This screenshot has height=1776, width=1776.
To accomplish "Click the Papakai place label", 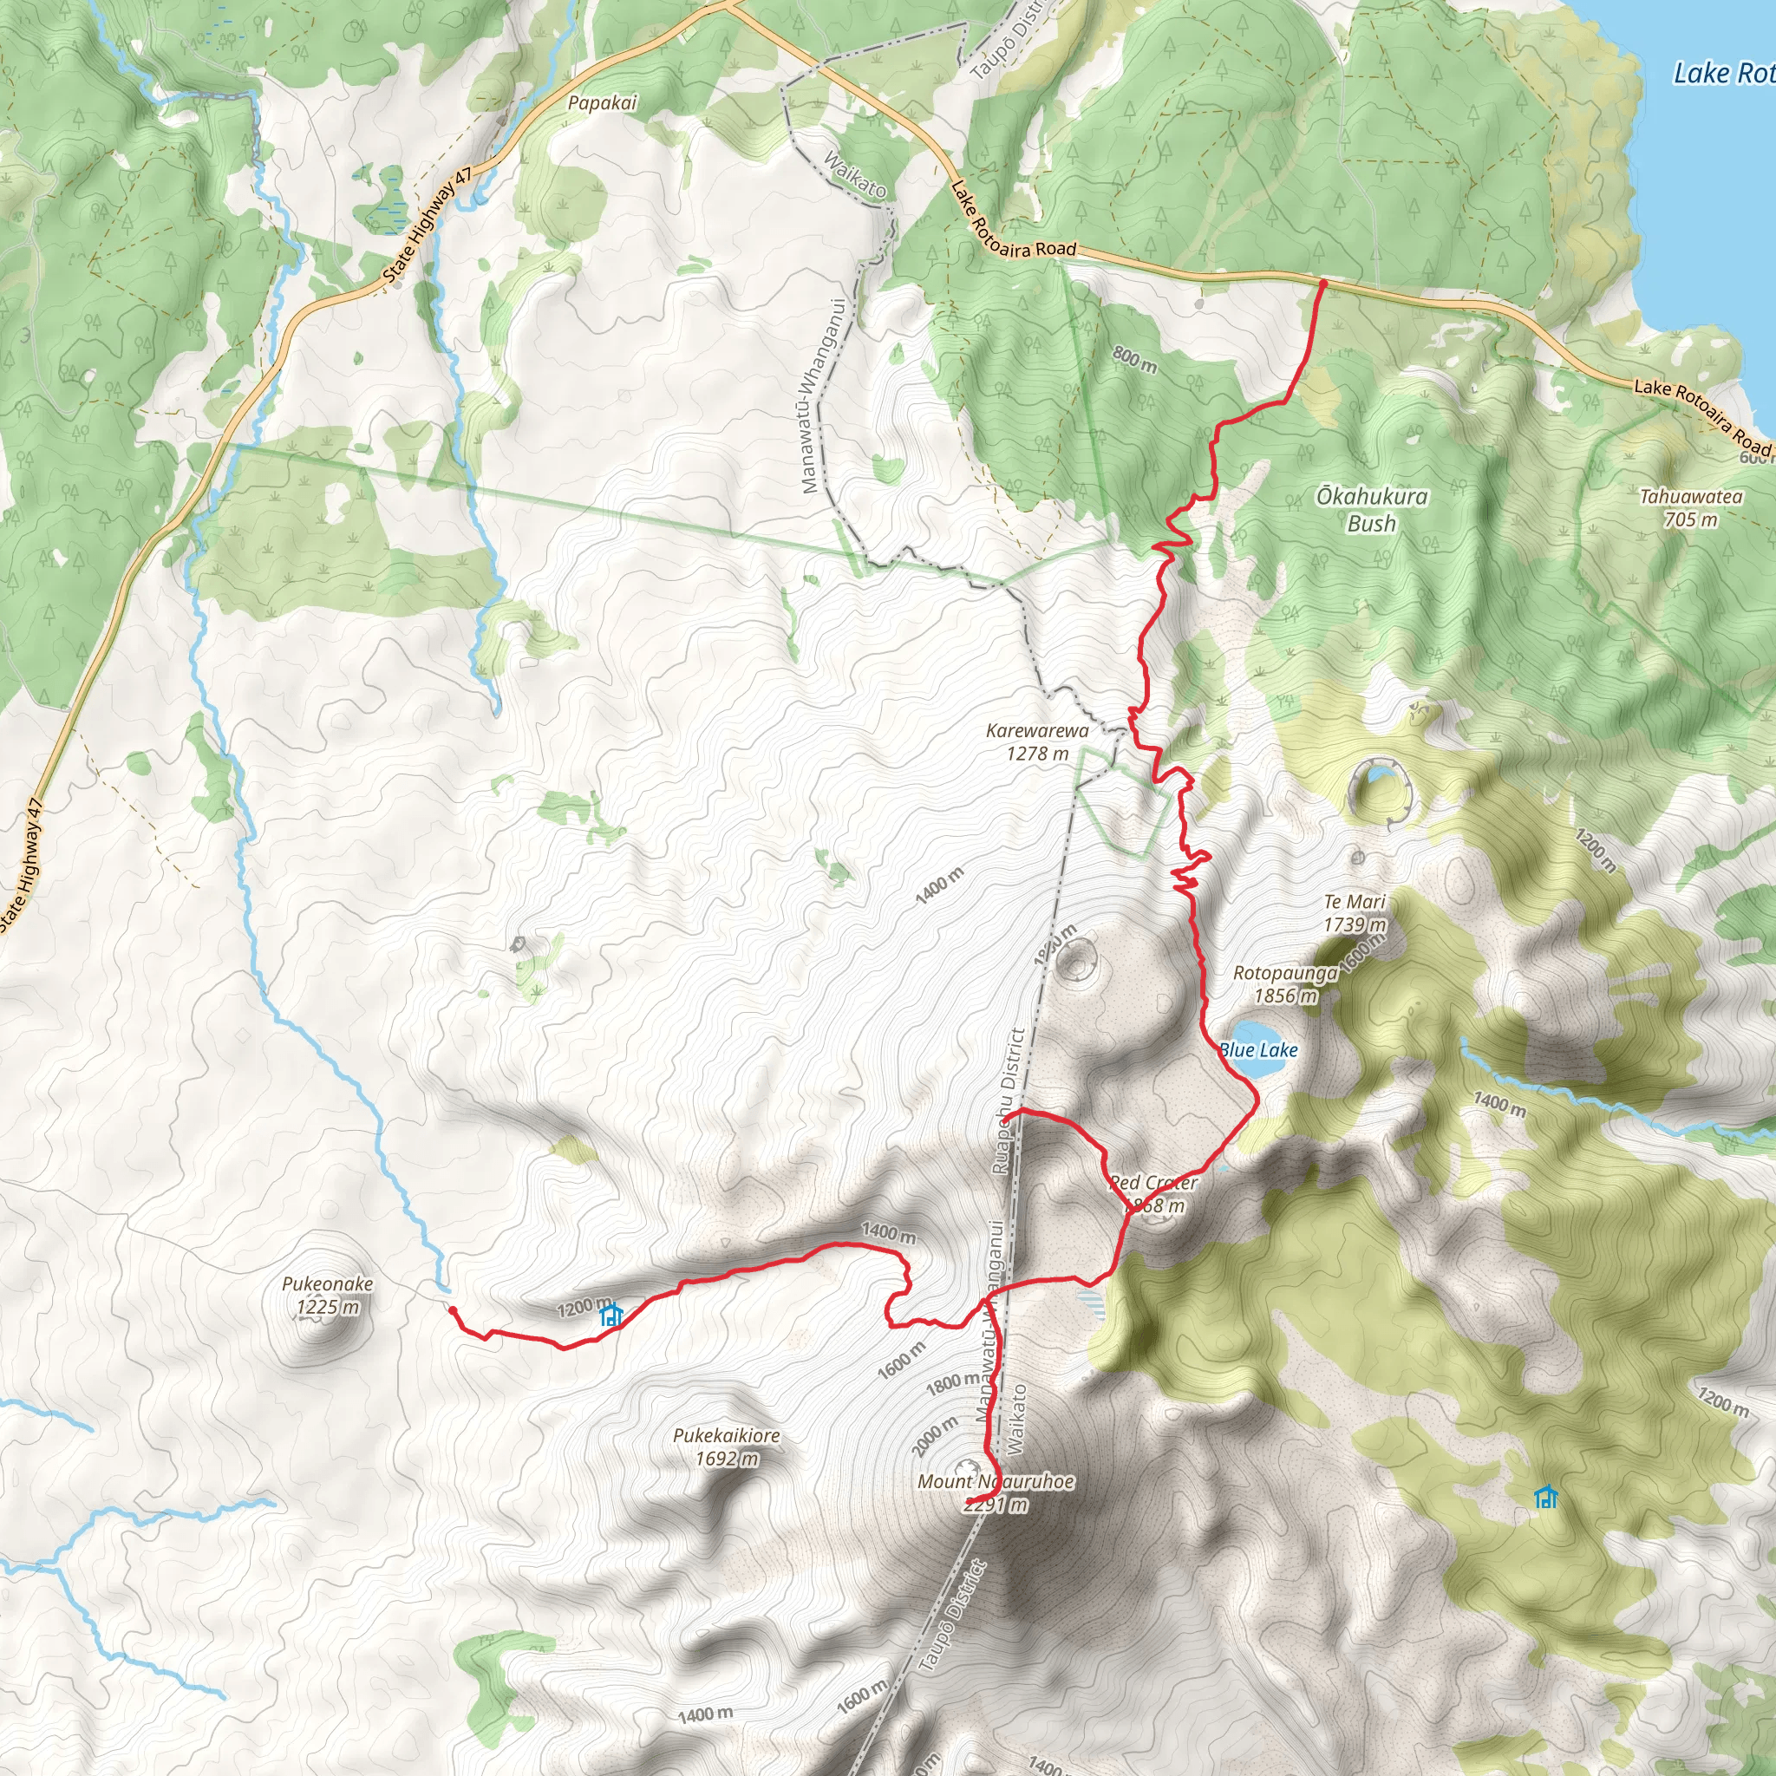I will tap(602, 103).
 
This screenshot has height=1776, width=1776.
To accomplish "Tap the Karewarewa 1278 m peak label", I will tap(1037, 741).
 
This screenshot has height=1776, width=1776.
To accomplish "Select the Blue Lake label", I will tap(1258, 1050).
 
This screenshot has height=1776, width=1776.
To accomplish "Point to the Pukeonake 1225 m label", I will tap(327, 1295).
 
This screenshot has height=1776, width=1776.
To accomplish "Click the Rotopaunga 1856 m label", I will tap(1285, 983).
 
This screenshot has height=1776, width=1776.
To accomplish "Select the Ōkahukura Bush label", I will tap(1372, 509).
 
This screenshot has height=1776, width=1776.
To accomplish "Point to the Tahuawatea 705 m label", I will tap(1690, 507).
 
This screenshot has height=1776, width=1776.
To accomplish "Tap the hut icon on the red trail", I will tap(610, 1316).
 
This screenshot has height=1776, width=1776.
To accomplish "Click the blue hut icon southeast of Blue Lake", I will tap(1546, 1498).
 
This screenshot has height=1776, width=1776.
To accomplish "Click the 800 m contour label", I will tap(1134, 358).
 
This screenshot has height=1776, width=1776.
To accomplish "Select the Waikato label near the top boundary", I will tap(855, 174).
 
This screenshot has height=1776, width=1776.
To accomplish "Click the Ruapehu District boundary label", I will tap(1009, 1101).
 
